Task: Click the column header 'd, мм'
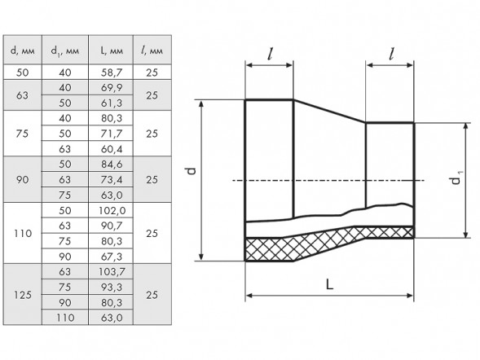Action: [22, 50]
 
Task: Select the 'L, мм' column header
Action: [112, 50]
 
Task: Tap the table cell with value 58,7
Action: [112, 72]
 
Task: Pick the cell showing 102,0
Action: [112, 210]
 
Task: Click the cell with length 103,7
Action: [112, 271]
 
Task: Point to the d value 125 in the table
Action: [23, 295]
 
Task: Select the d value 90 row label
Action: [22, 179]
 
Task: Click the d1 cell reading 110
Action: [65, 318]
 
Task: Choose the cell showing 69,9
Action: [112, 88]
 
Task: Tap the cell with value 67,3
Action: [112, 257]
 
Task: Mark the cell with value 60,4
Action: [112, 149]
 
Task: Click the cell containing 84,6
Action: [112, 165]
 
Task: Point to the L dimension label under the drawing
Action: [329, 285]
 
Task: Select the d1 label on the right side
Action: [456, 178]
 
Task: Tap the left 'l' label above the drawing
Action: [270, 54]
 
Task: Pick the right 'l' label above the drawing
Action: [391, 54]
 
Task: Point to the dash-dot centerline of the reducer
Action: [328, 181]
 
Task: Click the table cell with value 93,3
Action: [112, 287]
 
